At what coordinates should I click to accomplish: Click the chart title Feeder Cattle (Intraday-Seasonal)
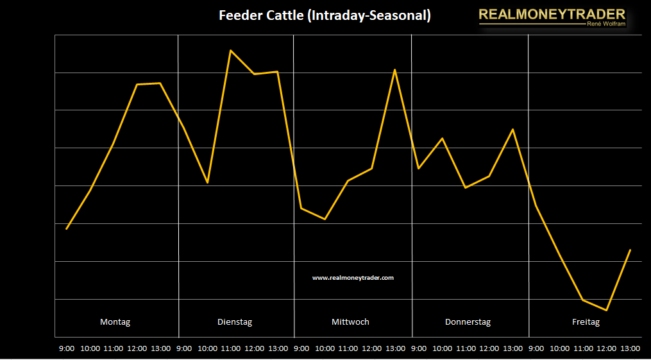pyautogui.click(x=325, y=15)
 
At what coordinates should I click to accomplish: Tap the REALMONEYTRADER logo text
pyautogui.click(x=552, y=14)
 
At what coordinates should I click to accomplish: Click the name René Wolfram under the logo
pyautogui.click(x=605, y=24)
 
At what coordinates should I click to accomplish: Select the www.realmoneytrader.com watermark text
pyautogui.click(x=353, y=278)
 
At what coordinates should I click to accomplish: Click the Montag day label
pyautogui.click(x=115, y=322)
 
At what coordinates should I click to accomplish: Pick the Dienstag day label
pyautogui.click(x=235, y=322)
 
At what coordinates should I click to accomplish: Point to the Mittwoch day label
pyautogui.click(x=350, y=322)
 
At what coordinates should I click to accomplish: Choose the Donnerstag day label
pyautogui.click(x=468, y=322)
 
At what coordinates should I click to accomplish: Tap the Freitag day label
pyautogui.click(x=586, y=322)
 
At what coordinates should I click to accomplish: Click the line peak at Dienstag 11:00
pyautogui.click(x=230, y=50)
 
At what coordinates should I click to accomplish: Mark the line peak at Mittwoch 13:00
pyautogui.click(x=395, y=69)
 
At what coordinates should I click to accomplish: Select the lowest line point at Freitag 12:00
pyautogui.click(x=606, y=311)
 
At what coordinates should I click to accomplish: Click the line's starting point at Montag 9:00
pyautogui.click(x=67, y=228)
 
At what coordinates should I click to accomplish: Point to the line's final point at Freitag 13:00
pyautogui.click(x=630, y=250)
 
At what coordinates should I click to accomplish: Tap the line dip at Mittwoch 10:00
pyautogui.click(x=325, y=219)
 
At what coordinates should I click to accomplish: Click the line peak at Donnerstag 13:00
pyautogui.click(x=512, y=130)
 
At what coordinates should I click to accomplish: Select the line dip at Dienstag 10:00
pyautogui.click(x=207, y=183)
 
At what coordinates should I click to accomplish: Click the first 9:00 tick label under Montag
pyautogui.click(x=67, y=348)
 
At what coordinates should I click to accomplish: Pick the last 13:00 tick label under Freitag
pyautogui.click(x=630, y=348)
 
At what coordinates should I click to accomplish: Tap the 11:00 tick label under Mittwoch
pyautogui.click(x=348, y=348)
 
